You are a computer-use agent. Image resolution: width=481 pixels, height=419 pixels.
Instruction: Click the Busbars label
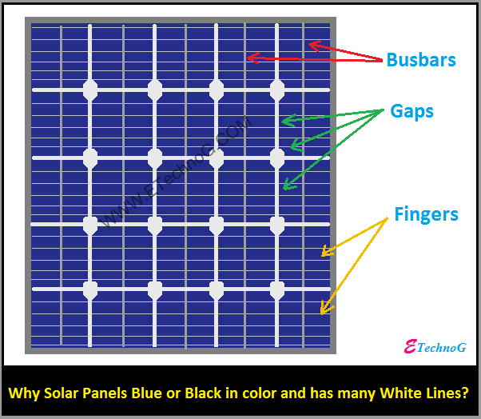[x=421, y=60]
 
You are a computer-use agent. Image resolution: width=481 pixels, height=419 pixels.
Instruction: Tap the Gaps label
[x=411, y=111]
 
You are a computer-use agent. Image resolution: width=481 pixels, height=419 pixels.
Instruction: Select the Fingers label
[x=426, y=214]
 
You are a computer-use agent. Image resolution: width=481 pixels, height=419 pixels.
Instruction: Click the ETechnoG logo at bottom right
[x=435, y=347]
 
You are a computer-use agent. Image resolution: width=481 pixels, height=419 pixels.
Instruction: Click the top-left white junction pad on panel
[x=90, y=90]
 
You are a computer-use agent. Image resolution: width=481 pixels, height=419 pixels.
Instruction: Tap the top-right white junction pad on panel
[x=277, y=90]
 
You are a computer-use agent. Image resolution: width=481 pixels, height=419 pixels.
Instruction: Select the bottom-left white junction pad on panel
[x=90, y=289]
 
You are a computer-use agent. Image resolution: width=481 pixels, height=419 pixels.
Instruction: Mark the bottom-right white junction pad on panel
[x=277, y=289]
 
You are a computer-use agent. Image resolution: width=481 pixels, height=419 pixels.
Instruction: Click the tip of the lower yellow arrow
[x=321, y=313]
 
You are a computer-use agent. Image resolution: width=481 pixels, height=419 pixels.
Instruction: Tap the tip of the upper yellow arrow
[x=322, y=256]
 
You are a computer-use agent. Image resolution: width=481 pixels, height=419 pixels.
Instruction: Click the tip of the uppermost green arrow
[x=283, y=122]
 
